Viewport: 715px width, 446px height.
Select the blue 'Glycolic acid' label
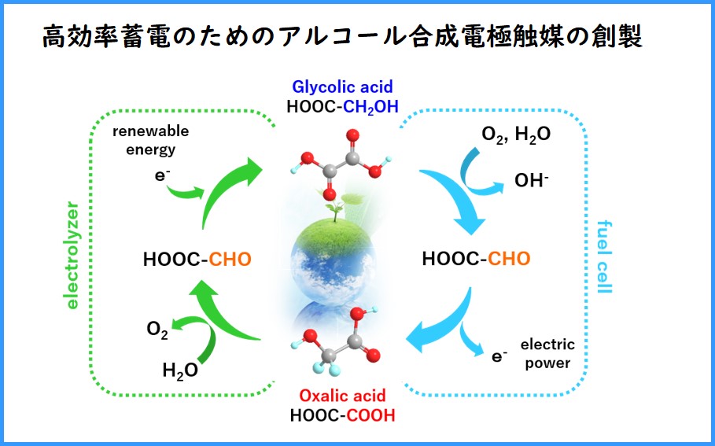point(342,87)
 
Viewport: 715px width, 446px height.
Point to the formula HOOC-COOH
point(342,415)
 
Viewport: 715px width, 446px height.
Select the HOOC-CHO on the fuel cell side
point(476,259)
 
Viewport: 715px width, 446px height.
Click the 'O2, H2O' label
point(516,134)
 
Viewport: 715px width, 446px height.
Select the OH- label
point(532,180)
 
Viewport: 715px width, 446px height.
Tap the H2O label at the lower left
point(179,369)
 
